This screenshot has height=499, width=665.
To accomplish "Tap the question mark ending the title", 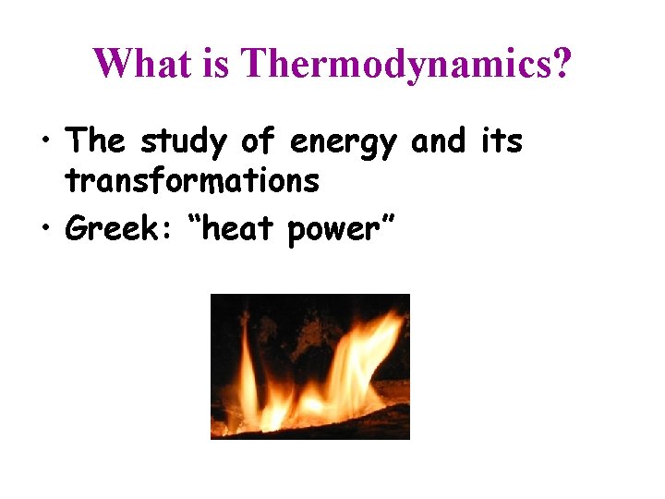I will click(x=562, y=64).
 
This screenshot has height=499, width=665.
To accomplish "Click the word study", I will click(x=184, y=142).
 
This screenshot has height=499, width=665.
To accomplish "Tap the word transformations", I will click(x=192, y=181).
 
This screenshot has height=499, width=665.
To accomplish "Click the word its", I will click(x=501, y=142).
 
